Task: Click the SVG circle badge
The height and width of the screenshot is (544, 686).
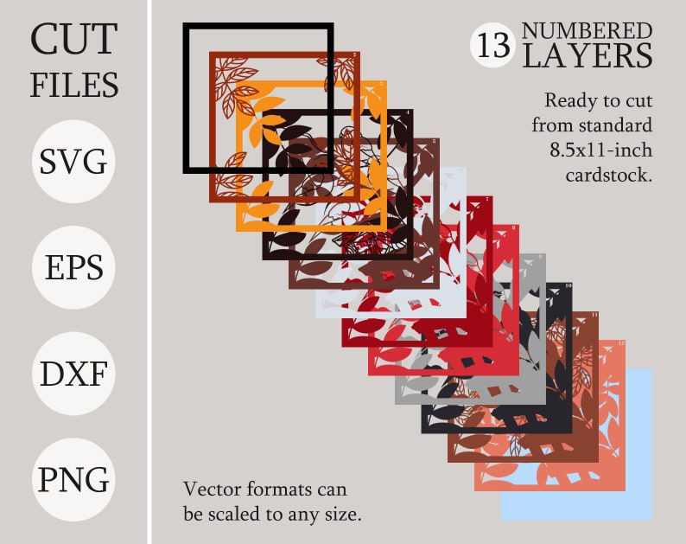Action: click(x=73, y=162)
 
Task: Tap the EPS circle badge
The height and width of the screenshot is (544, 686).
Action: click(x=73, y=267)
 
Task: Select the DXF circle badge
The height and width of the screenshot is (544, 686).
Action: click(x=73, y=374)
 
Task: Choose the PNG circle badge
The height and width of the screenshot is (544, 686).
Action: click(x=73, y=479)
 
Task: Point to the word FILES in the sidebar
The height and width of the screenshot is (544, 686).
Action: click(x=73, y=85)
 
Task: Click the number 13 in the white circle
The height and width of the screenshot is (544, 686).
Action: click(x=493, y=45)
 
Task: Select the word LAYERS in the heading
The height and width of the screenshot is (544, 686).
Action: click(x=587, y=57)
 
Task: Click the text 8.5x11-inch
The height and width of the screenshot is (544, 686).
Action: click(x=600, y=150)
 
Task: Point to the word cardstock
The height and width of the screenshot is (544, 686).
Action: click(x=608, y=175)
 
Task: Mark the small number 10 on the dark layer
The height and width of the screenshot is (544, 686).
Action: click(x=568, y=285)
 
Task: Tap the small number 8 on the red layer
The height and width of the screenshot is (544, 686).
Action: click(x=516, y=228)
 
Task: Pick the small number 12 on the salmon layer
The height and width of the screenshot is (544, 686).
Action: click(x=621, y=343)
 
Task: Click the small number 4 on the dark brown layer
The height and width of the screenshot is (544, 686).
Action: click(x=407, y=113)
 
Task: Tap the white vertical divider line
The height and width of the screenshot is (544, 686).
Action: click(x=150, y=272)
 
